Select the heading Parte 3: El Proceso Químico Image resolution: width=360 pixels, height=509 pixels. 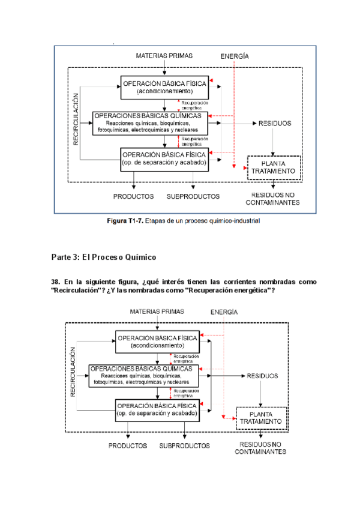[104, 257]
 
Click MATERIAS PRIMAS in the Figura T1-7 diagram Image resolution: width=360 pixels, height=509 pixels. [164, 56]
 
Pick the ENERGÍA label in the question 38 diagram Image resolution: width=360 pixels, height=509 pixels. [224, 313]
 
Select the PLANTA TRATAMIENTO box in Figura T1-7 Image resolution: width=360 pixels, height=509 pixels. [273, 167]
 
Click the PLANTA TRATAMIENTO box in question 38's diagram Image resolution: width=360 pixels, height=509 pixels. [260, 417]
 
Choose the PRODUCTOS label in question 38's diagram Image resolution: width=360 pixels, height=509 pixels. [128, 446]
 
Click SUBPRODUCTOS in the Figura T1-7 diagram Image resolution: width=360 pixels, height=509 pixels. [193, 196]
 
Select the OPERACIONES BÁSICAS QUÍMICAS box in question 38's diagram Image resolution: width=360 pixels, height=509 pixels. [145, 375]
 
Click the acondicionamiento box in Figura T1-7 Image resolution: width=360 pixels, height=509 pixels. [164, 87]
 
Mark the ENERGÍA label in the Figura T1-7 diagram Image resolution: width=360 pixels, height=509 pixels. [235, 56]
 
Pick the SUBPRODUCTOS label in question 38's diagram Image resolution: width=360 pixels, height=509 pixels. [185, 446]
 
